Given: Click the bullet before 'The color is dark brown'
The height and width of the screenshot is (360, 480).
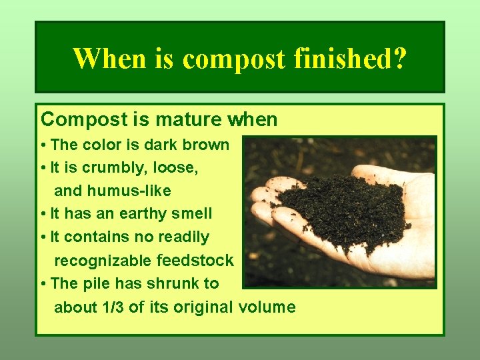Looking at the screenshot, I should click(x=43, y=145).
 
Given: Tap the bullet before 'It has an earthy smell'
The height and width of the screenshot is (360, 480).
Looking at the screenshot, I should click(x=43, y=215).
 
